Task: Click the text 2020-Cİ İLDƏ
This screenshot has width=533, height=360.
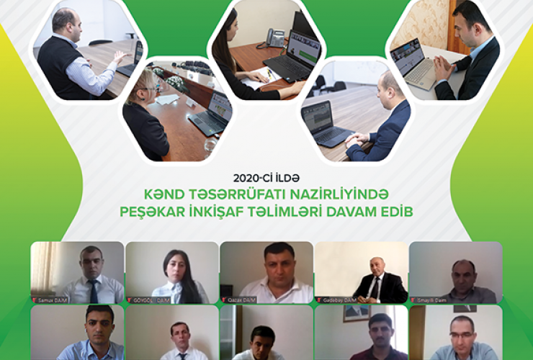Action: point(266,176)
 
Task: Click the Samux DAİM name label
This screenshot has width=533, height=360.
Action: point(49,299)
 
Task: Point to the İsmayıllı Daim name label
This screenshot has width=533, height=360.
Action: point(429,299)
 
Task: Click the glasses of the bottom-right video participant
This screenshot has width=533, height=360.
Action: point(462,335)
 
